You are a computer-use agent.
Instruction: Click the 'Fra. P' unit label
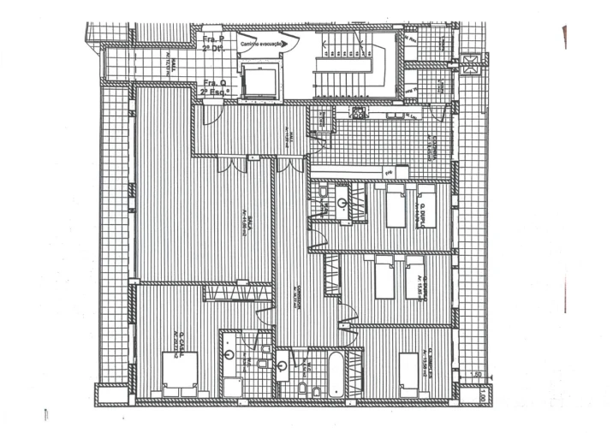(212, 40)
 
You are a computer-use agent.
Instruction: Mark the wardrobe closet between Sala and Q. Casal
(237, 293)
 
